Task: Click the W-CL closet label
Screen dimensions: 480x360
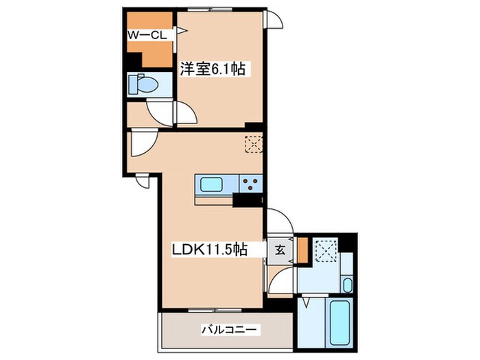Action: click(147, 35)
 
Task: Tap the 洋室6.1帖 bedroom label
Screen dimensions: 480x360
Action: click(213, 69)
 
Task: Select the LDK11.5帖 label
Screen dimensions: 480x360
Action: click(209, 250)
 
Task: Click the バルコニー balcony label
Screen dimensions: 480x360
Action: click(229, 331)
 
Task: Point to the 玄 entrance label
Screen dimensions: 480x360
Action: click(280, 250)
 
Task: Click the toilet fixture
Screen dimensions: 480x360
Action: click(143, 84)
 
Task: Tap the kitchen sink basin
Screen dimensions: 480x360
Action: click(211, 184)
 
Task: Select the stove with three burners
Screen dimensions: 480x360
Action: click(251, 184)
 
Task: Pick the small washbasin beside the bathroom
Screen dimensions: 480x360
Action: click(347, 285)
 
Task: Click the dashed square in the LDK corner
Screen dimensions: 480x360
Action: click(254, 144)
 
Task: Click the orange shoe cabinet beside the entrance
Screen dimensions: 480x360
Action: click(303, 250)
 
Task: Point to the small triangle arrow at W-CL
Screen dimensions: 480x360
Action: click(182, 31)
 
